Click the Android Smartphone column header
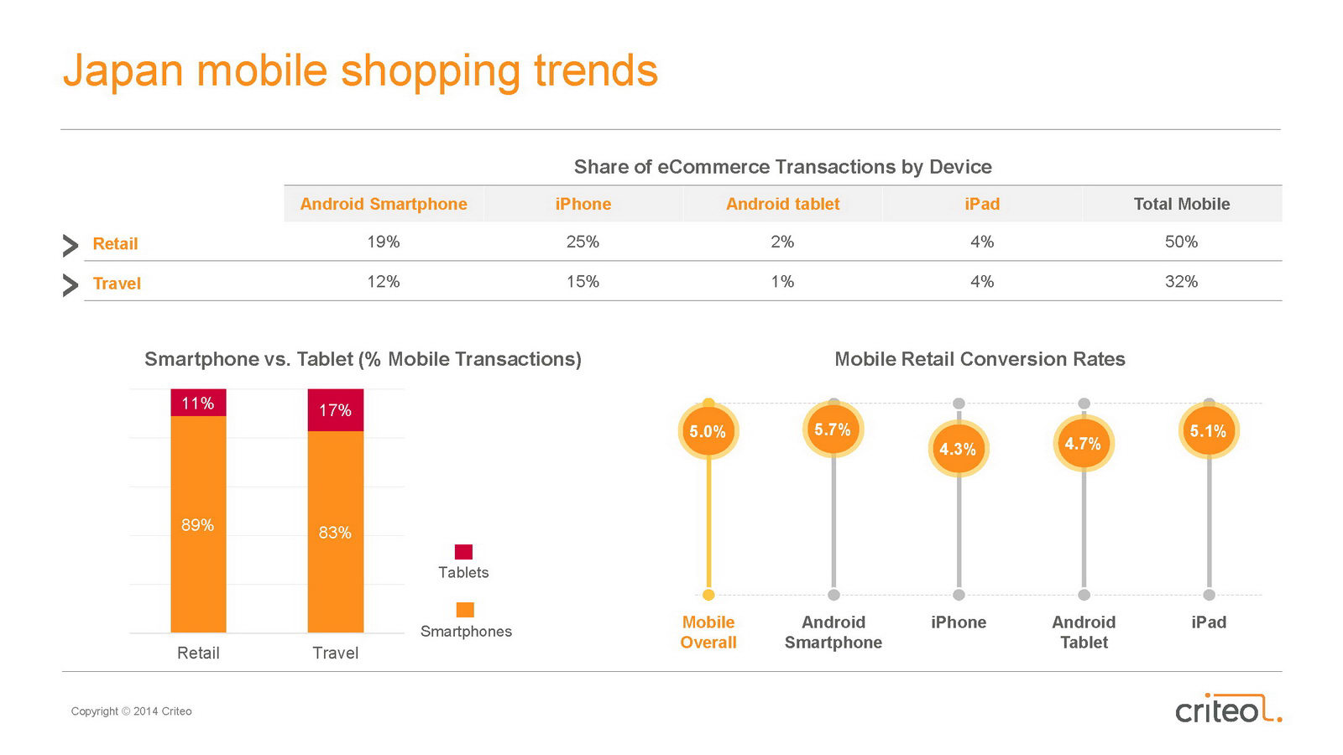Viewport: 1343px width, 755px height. click(x=384, y=204)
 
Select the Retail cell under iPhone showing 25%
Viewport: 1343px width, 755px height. click(x=583, y=242)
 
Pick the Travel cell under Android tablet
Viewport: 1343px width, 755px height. click(x=782, y=282)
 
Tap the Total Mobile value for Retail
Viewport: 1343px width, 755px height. click(x=1181, y=242)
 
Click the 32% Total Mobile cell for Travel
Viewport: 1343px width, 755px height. click(x=1181, y=282)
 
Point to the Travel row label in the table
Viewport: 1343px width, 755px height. click(x=117, y=284)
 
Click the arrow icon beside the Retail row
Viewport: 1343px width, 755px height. click(x=71, y=245)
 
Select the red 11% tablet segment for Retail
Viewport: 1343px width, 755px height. click(x=198, y=403)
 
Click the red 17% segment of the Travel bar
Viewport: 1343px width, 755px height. click(x=335, y=410)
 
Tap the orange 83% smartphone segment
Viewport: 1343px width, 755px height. click(x=335, y=532)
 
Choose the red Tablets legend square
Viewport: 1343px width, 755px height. click(x=463, y=552)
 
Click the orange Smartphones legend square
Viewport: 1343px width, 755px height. click(x=465, y=610)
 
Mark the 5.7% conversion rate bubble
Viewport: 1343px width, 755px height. click(x=833, y=430)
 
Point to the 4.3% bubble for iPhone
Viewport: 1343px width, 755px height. click(x=958, y=449)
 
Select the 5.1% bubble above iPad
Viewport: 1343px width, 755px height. click(x=1208, y=431)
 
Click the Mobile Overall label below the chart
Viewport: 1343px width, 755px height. click(x=708, y=633)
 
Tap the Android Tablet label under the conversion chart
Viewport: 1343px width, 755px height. click(x=1084, y=633)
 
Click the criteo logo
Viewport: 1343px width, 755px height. click(x=1227, y=709)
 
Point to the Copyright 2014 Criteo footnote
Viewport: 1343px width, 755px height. click(x=132, y=711)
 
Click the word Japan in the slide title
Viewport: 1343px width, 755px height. click(x=123, y=70)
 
